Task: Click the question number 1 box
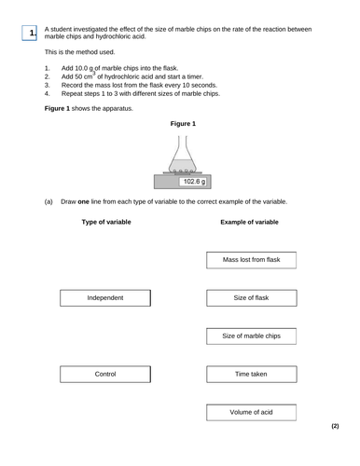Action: point(33,34)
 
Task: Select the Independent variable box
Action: point(105,298)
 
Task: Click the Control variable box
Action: point(105,374)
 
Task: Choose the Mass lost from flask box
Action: point(251,260)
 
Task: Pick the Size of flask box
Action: point(251,298)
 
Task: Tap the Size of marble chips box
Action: point(251,336)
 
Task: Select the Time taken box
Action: point(251,374)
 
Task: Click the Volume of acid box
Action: point(251,412)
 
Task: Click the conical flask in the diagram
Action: point(183,155)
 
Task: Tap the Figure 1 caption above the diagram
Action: point(184,123)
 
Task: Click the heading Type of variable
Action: point(106,223)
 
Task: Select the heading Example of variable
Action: point(249,223)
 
